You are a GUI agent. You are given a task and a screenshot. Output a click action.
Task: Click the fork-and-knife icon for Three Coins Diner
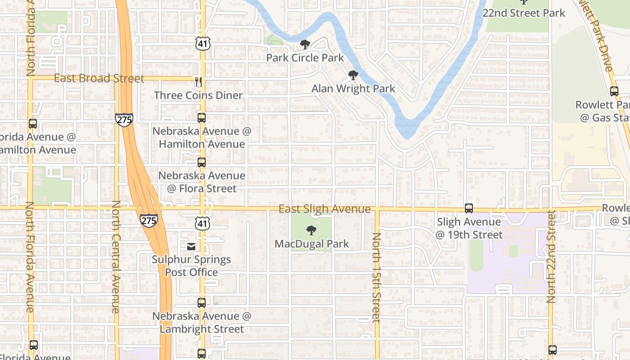pyautogui.click(x=198, y=82)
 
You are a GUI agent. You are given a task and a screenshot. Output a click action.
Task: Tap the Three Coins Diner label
pyautogui.click(x=198, y=95)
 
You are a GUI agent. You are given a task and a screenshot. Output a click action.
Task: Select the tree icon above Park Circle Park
pyautogui.click(x=305, y=45)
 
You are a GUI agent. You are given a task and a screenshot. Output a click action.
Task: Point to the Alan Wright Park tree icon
pyautogui.click(x=353, y=75)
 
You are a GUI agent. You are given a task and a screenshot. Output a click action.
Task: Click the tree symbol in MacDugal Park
pyautogui.click(x=311, y=231)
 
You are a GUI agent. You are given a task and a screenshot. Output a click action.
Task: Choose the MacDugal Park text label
pyautogui.click(x=312, y=244)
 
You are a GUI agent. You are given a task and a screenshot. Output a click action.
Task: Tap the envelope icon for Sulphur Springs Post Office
pyautogui.click(x=191, y=246)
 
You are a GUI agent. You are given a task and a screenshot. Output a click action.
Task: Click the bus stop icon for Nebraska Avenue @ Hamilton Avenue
pyautogui.click(x=202, y=118)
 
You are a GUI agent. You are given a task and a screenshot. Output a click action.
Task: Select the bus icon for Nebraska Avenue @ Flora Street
pyautogui.click(x=202, y=162)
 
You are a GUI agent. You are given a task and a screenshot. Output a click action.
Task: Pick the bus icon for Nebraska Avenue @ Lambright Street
pyautogui.click(x=202, y=303)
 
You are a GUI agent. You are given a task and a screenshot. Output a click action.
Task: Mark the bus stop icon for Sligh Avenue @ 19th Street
pyautogui.click(x=469, y=208)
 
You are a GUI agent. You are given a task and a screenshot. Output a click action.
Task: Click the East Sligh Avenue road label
pyautogui.click(x=324, y=209)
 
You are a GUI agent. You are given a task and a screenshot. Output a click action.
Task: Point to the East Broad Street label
pyautogui.click(x=99, y=78)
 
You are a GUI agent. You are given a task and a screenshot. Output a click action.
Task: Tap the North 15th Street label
pyautogui.click(x=377, y=277)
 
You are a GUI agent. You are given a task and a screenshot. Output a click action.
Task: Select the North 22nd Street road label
pyautogui.click(x=551, y=256)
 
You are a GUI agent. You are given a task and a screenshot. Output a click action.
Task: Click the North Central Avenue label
pyautogui.click(x=116, y=256)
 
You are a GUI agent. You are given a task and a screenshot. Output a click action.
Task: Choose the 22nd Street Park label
pyautogui.click(x=524, y=13)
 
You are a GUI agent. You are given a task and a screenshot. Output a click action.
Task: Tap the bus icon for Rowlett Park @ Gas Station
pyautogui.click(x=614, y=91)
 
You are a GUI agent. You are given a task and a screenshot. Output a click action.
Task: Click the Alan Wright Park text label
pyautogui.click(x=353, y=89)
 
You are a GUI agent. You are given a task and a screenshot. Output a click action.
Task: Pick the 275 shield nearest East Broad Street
pyautogui.click(x=124, y=119)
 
